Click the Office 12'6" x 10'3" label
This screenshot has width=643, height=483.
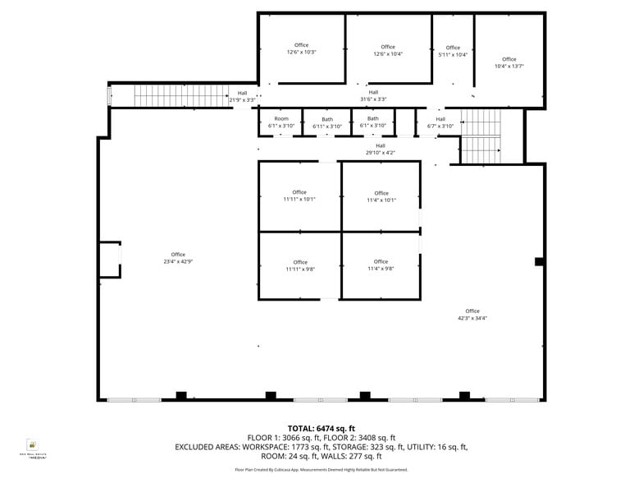point(302,48)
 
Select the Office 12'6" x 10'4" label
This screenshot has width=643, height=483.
point(388,50)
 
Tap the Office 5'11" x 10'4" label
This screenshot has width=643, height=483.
point(453,51)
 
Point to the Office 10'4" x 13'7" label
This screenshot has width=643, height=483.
point(509,62)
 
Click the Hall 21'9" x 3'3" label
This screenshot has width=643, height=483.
point(242,96)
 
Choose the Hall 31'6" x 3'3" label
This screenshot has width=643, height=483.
point(373,95)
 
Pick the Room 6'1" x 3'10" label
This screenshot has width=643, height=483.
point(281,122)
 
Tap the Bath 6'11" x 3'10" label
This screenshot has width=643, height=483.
point(327,122)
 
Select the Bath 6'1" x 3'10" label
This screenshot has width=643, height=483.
point(372,122)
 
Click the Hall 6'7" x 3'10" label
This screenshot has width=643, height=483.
point(440,122)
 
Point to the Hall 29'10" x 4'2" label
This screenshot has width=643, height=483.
point(381,149)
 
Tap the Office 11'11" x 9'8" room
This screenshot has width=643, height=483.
point(300,265)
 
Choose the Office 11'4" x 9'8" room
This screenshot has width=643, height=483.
point(381,265)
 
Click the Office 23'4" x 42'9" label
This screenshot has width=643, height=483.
point(178,258)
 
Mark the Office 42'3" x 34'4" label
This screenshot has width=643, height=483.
point(472,315)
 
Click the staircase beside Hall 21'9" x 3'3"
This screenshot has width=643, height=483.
point(180,96)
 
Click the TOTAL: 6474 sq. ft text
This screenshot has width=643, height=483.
point(321,429)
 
